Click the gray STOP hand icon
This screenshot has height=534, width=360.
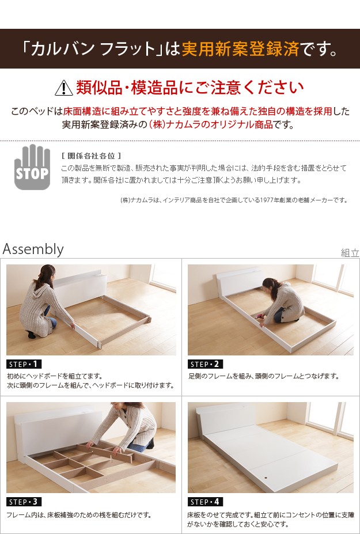[32, 167]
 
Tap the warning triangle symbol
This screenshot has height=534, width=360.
[64, 88]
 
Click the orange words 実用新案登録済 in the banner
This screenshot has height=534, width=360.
[240, 49]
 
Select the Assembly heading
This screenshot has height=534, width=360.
[33, 249]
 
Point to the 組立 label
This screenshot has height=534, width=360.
[350, 253]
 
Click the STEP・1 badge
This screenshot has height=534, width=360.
[24, 364]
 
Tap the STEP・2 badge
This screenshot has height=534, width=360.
[206, 364]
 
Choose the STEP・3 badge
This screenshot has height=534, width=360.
[24, 502]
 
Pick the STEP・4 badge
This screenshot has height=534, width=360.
[206, 502]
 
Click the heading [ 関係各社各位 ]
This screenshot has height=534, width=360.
[91, 156]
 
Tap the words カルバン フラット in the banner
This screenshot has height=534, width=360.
[93, 49]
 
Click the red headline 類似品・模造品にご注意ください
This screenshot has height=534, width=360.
[190, 88]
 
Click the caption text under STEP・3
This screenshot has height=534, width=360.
[79, 515]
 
